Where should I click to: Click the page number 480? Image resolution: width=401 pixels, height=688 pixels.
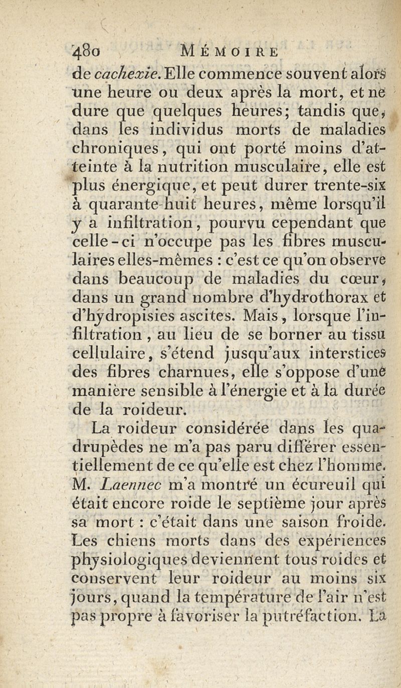[85, 52]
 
